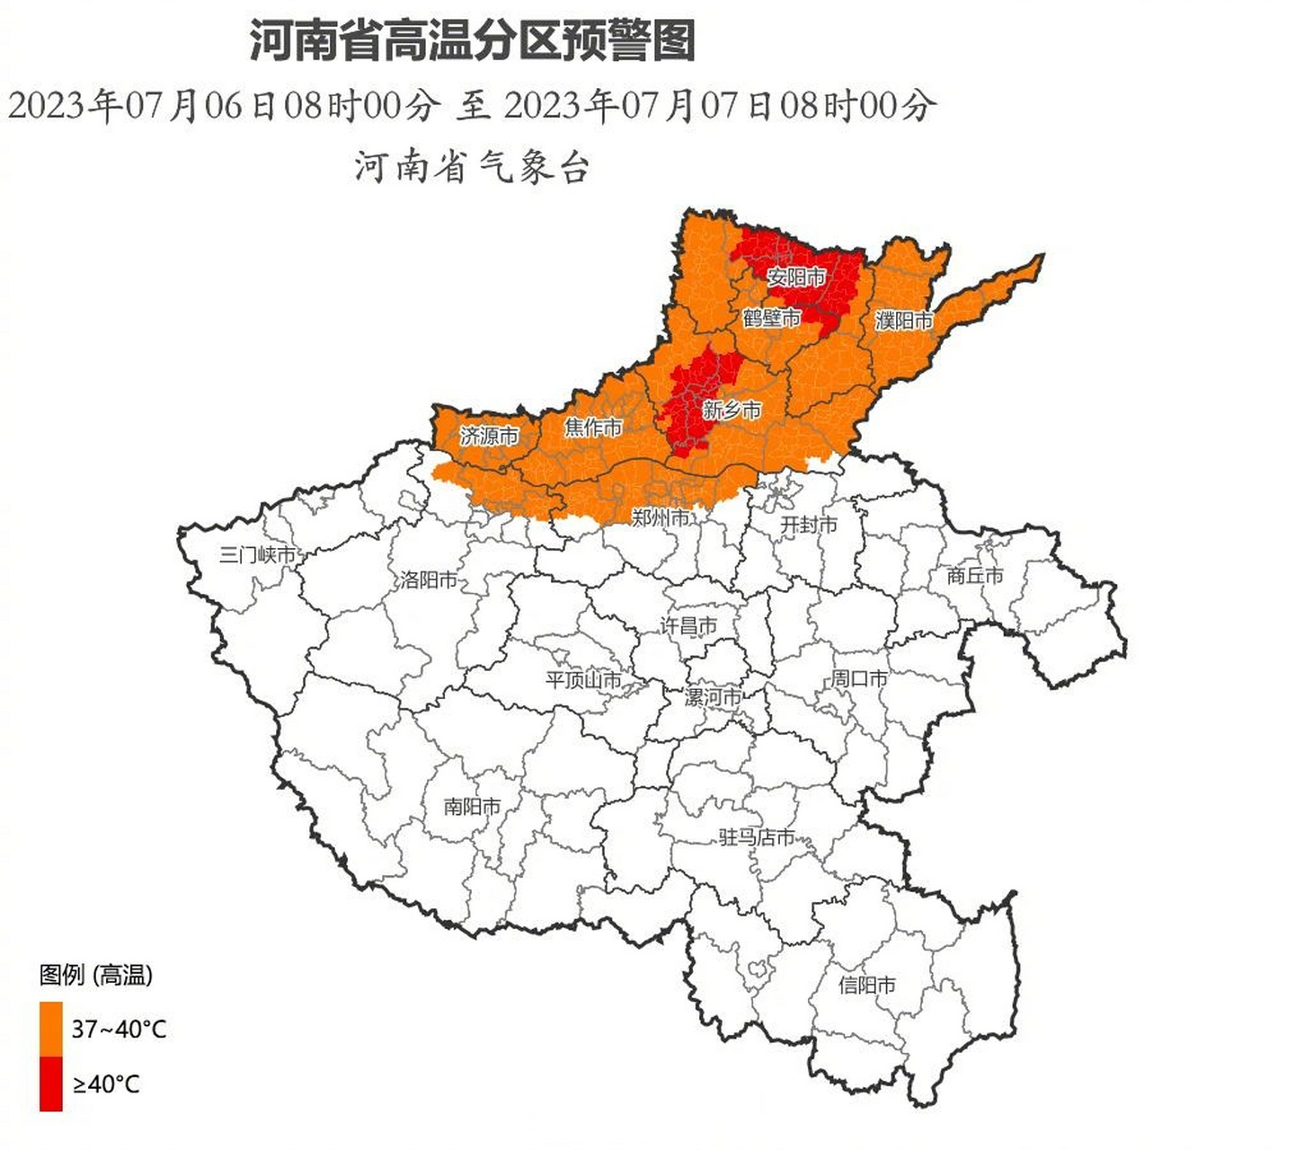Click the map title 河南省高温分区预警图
tap(472, 41)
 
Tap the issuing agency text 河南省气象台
tap(472, 167)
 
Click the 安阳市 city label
tap(796, 277)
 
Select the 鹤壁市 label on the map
tap(771, 318)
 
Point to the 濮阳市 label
tap(904, 320)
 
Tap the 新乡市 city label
tap(732, 411)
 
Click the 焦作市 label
tap(593, 428)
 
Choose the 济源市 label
tap(489, 437)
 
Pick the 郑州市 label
tap(661, 517)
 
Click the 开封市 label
tap(809, 525)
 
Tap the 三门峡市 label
tap(257, 555)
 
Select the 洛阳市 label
tap(429, 580)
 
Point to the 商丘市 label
tap(975, 576)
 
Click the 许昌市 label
tap(689, 626)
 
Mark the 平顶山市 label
tap(583, 680)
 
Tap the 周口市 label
tap(859, 679)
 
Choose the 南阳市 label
tap(472, 807)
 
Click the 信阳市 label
tap(867, 986)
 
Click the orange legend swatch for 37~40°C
tap(51, 1029)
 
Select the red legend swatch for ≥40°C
tap(51, 1084)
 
